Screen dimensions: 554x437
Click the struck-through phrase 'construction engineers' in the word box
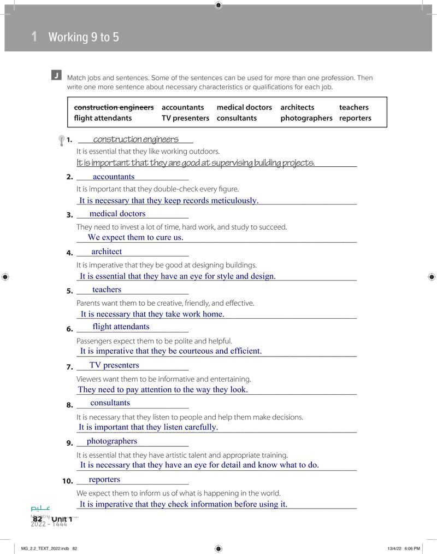tap(114, 107)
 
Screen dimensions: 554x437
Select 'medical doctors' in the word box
tap(244, 107)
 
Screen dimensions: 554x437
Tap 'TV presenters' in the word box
tap(185, 118)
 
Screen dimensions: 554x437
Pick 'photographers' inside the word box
tap(306, 118)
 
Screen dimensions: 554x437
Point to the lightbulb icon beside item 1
tap(61, 141)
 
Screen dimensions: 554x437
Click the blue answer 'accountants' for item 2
tap(114, 177)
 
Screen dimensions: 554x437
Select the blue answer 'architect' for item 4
tap(107, 252)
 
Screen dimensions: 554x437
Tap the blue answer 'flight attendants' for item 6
tap(121, 326)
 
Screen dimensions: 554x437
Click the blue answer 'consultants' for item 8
tap(110, 403)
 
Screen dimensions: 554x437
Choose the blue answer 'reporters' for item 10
tap(104, 479)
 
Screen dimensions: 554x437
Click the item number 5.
tap(69, 291)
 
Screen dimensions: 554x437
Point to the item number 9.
tap(69, 443)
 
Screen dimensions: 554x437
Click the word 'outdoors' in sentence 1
tap(204, 151)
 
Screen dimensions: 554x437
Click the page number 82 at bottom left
tap(37, 519)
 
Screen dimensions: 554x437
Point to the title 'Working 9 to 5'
tap(84, 37)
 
